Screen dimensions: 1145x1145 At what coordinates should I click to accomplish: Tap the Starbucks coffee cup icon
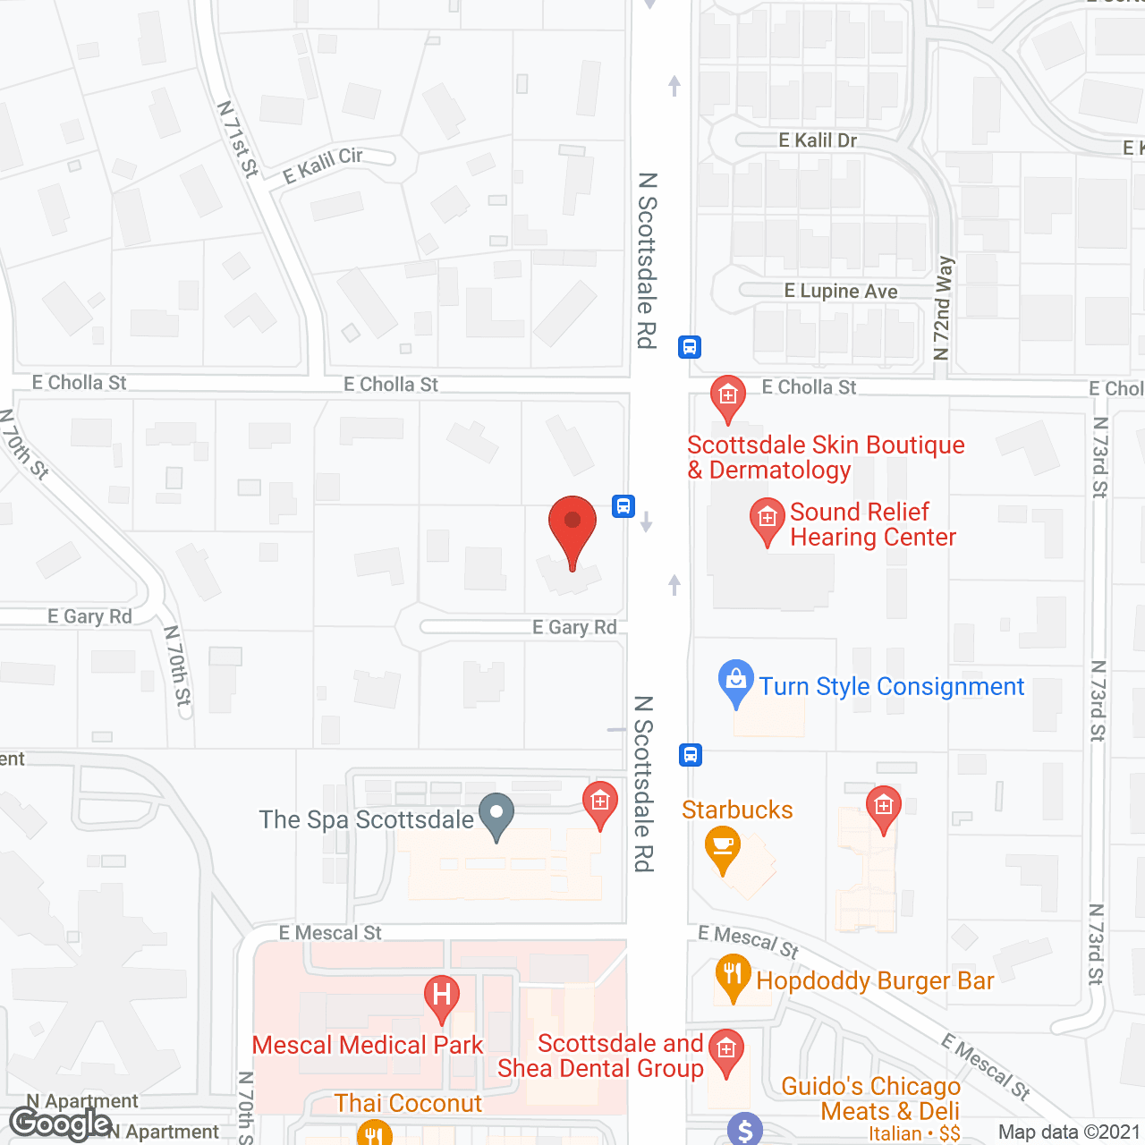pos(723,846)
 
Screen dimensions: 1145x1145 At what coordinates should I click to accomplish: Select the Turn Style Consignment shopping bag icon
pos(736,681)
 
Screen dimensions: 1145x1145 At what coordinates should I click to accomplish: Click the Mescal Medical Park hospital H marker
pos(441,995)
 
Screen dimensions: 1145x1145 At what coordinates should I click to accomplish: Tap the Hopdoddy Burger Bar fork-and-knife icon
pos(733,975)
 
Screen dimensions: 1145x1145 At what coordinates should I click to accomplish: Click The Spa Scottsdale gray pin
pos(496,814)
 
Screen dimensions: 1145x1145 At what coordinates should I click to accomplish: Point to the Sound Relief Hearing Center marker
pos(767,519)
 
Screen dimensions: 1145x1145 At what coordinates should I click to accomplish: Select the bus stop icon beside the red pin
pos(623,506)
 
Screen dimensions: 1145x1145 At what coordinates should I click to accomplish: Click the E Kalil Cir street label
pos(323,165)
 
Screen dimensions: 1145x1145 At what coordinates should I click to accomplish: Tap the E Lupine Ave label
pos(841,292)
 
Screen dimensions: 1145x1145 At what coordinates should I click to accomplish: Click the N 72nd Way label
pos(943,309)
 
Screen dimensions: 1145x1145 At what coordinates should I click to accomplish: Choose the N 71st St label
pos(238,139)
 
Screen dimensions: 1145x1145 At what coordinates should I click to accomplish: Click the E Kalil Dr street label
pos(818,140)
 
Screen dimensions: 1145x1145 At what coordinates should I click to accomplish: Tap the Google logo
pos(60,1124)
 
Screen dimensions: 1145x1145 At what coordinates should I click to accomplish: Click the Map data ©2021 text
pos(1069,1132)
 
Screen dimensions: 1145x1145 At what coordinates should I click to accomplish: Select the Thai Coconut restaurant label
pos(408,1104)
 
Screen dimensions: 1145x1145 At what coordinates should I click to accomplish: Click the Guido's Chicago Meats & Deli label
pos(870,1098)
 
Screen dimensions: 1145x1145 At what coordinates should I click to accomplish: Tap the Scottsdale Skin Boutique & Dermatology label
pos(825,457)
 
